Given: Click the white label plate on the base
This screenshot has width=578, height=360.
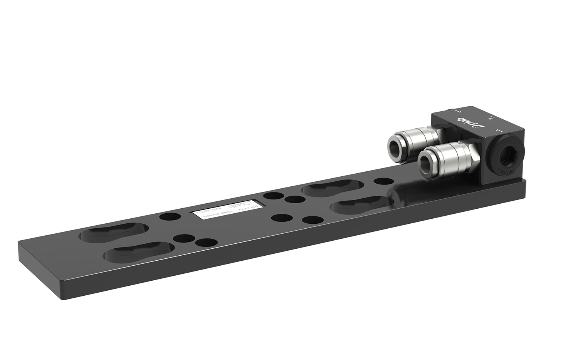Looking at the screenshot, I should click(227, 209).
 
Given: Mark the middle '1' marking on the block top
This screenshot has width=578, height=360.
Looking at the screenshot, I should click(490, 119).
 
